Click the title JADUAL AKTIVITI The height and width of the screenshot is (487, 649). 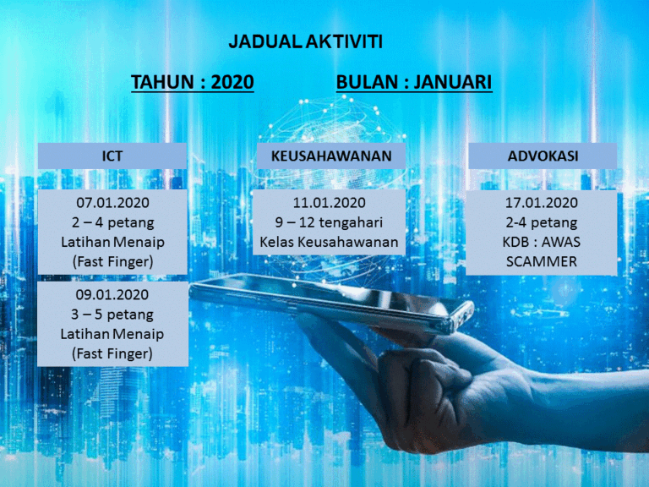coord(306,41)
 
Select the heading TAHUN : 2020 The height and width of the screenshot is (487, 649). coord(193,82)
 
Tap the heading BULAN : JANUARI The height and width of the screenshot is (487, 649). coord(414,82)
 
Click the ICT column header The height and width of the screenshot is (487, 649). coord(112,156)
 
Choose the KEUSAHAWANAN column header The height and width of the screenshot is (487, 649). coord(331,156)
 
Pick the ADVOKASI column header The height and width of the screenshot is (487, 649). coord(542,156)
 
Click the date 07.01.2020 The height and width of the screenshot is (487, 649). coord(112,203)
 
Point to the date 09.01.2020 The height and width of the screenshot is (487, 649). coord(112,295)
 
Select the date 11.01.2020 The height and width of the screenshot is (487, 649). coord(330,203)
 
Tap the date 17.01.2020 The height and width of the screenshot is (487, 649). coord(542,203)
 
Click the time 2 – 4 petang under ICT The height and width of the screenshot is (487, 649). coord(112,222)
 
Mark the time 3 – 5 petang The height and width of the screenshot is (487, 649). coord(112,315)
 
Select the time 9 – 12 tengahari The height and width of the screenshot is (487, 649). coord(330,222)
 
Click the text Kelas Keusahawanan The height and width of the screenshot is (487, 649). coord(330,243)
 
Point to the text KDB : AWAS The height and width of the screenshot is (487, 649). coord(542,243)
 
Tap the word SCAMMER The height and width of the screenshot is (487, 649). coord(542,262)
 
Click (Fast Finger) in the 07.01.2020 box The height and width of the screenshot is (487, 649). coord(112,262)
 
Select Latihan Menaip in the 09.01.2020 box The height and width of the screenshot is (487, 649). coord(112,334)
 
